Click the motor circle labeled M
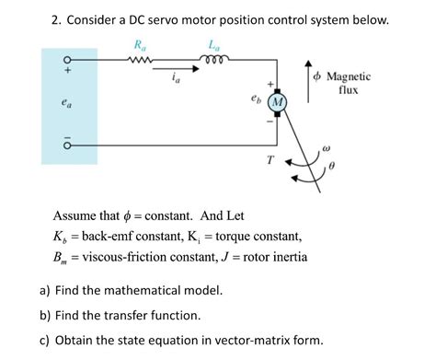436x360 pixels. [x=276, y=99]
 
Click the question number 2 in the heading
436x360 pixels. [x=55, y=18]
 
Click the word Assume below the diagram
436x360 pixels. [x=77, y=215]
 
